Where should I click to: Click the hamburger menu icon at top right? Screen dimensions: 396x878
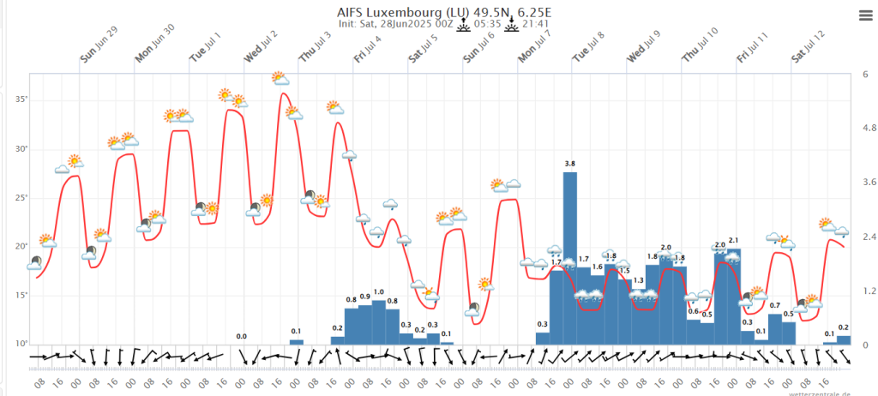click(x=865, y=15)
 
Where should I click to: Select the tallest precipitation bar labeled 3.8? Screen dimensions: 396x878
click(x=570, y=257)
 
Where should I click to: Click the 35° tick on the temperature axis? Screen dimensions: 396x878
click(x=21, y=99)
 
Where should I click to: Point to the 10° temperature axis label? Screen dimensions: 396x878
click(x=21, y=345)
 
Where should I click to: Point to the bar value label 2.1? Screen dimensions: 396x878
click(x=734, y=240)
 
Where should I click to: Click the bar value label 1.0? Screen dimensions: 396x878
click(x=379, y=292)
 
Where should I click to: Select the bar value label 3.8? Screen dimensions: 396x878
click(x=570, y=163)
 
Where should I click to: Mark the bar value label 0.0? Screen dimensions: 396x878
click(x=242, y=336)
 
